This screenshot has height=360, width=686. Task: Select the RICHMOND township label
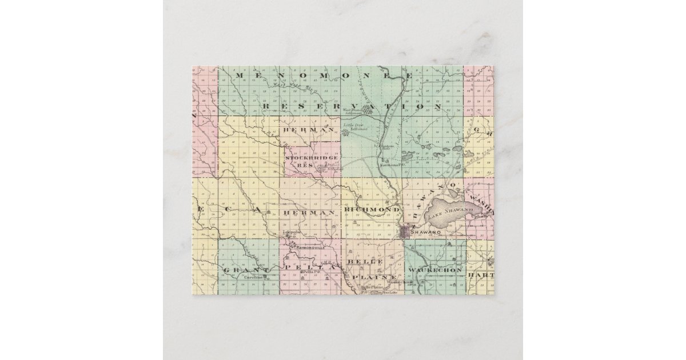click(371, 211)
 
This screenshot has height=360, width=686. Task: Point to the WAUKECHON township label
click(436, 269)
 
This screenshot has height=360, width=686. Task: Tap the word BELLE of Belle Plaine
click(365, 261)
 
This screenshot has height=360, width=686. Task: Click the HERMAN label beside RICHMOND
click(308, 212)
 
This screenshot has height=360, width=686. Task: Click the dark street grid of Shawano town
click(406, 231)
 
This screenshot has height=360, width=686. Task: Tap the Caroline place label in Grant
click(253, 277)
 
